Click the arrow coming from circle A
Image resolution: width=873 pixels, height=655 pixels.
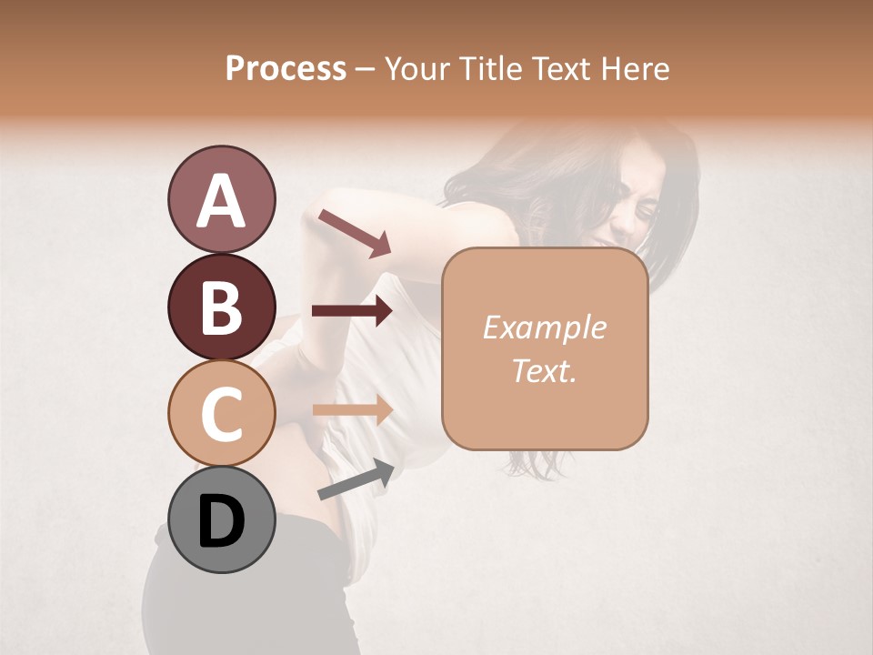354,231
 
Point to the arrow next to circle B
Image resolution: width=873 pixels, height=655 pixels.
352,310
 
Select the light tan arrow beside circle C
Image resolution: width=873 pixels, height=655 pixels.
352,409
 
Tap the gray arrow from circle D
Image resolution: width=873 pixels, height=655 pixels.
356,479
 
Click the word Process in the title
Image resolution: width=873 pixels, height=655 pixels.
286,68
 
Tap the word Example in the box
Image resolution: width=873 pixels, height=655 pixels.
544,327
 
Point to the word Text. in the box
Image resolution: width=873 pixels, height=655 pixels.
544,370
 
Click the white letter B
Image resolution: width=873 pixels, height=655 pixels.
221,307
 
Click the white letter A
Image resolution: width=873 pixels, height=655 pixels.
221,200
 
